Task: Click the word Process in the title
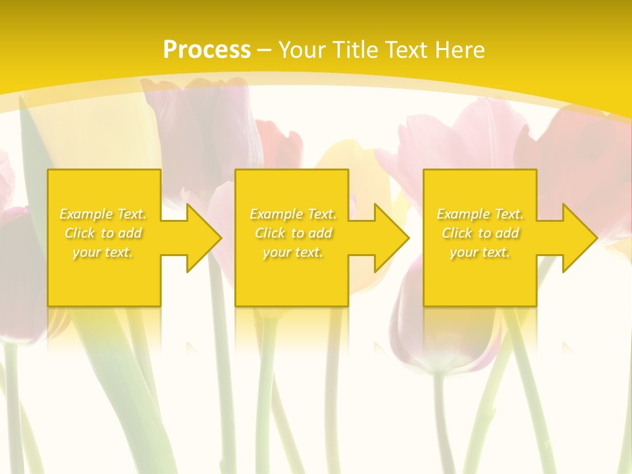(x=207, y=50)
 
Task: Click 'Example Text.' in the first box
(x=103, y=214)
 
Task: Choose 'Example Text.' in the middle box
(x=293, y=214)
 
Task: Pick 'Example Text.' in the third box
(x=480, y=214)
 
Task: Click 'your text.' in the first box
(x=103, y=252)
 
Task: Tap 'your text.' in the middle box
(x=293, y=252)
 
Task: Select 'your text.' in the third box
(x=480, y=252)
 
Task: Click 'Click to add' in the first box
(x=103, y=233)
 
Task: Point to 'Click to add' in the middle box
(x=293, y=233)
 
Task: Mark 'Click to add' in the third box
(x=480, y=233)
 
